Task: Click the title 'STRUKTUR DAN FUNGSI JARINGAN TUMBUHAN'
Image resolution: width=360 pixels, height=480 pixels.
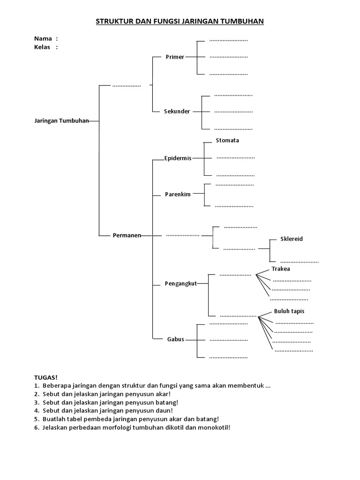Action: (180, 22)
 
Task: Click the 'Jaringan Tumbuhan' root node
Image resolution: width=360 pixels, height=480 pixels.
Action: (61, 120)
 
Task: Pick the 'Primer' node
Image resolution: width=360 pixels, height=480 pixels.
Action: (175, 57)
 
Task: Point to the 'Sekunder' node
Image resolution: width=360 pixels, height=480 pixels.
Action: (177, 112)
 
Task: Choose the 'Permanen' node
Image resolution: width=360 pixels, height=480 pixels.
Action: (127, 235)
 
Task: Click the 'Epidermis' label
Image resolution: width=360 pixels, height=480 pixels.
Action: (178, 158)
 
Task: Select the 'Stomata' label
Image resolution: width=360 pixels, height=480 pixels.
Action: (227, 141)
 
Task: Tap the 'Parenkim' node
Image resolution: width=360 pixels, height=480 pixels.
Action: (178, 194)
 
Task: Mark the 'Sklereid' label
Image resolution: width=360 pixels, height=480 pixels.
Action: (292, 239)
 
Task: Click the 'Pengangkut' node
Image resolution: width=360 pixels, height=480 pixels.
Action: (180, 283)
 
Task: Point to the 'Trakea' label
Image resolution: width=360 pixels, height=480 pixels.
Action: (281, 269)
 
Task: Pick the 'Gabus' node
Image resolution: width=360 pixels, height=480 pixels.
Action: (176, 339)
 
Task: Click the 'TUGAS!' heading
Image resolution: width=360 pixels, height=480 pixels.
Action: (45, 377)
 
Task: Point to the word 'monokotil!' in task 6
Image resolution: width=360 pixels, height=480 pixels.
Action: (215, 427)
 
